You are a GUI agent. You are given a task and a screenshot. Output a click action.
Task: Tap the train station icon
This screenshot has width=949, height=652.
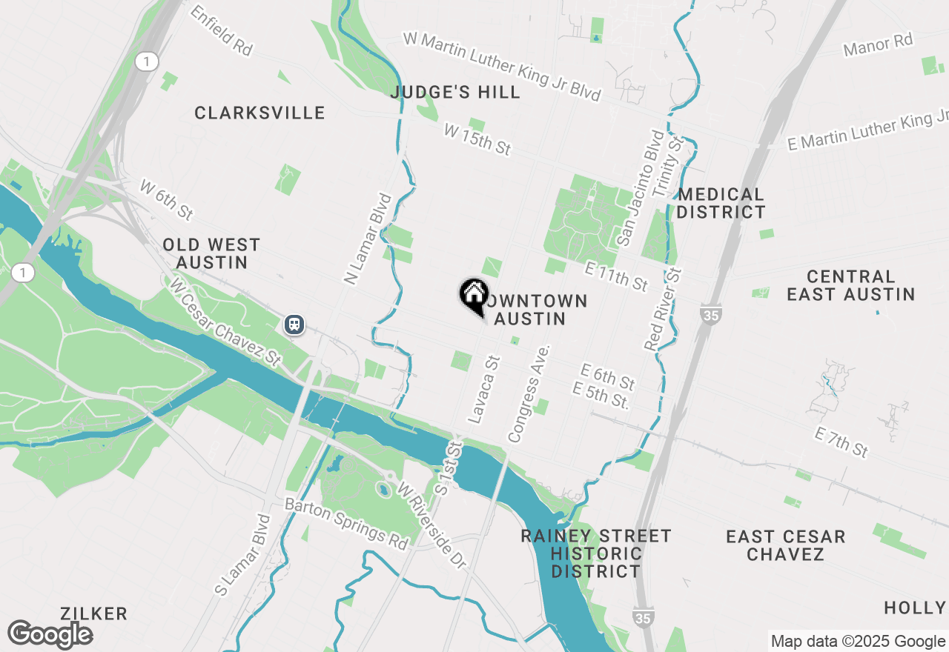(294, 324)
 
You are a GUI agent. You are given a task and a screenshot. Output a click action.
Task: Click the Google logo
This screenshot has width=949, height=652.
(50, 635)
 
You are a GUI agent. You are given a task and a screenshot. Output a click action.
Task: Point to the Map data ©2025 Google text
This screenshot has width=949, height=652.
(858, 642)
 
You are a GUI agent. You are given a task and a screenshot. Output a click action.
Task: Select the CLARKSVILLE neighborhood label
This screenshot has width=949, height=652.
(259, 113)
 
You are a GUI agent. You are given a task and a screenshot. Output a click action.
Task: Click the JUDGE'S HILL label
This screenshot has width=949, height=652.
(455, 93)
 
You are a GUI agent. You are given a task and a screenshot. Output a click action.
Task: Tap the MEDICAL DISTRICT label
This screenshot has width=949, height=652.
(721, 203)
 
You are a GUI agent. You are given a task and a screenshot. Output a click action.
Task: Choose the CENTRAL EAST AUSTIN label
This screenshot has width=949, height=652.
(850, 285)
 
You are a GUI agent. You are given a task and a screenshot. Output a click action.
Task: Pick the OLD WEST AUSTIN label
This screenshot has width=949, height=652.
(211, 253)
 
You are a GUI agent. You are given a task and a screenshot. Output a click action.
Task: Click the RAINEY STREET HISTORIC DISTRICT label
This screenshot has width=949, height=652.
(595, 553)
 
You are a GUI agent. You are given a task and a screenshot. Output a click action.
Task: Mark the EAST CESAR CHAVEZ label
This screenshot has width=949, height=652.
(785, 545)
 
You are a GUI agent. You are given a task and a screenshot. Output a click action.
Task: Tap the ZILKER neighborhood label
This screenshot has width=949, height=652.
(95, 613)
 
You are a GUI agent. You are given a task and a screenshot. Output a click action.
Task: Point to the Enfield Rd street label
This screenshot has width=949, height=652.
(221, 31)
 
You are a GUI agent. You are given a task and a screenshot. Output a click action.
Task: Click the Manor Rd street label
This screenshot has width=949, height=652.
(879, 44)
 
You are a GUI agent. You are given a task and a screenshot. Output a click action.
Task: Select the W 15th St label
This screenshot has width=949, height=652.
(477, 139)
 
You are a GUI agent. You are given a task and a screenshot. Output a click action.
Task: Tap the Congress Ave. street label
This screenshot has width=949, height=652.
(529, 393)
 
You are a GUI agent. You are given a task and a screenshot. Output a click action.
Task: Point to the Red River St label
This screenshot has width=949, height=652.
(664, 309)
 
